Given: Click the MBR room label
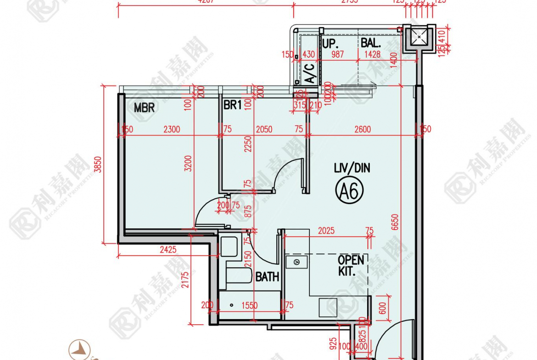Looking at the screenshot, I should point(144,108).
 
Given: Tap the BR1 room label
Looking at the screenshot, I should point(232,105).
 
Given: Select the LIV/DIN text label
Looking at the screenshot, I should point(352,168).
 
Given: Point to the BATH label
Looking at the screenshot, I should point(267,277).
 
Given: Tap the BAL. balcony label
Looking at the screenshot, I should point(371,44).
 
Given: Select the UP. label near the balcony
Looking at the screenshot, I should point(330,44).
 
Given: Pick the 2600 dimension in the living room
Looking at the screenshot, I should point(363,130).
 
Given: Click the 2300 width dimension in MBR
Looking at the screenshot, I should point(172,130).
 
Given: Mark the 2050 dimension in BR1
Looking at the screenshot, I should point(264,130).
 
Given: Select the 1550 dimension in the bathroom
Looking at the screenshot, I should point(249,305).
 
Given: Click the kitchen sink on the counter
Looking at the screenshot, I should point(296,262).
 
